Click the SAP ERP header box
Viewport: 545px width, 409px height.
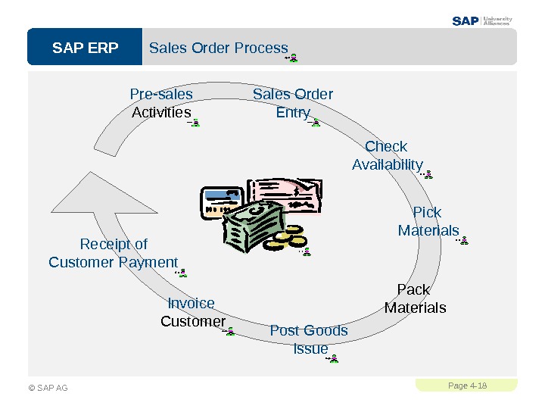tap(85, 48)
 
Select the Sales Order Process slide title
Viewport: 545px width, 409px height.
tap(219, 48)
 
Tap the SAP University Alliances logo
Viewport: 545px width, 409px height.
tap(482, 20)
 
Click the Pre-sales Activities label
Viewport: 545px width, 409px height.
tap(161, 103)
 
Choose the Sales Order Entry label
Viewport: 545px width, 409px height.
tap(293, 103)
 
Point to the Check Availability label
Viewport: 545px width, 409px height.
tap(387, 155)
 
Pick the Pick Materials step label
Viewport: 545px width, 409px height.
tap(428, 221)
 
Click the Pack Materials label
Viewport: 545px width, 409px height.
tap(415, 298)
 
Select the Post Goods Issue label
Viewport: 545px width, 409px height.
tap(309, 339)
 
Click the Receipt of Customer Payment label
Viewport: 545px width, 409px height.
tap(114, 253)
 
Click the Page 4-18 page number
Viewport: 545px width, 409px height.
tap(466, 386)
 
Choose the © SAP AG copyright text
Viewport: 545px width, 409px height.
tap(48, 388)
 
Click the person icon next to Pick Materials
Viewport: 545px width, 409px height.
tap(463, 241)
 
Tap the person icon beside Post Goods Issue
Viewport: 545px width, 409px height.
tap(333, 357)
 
